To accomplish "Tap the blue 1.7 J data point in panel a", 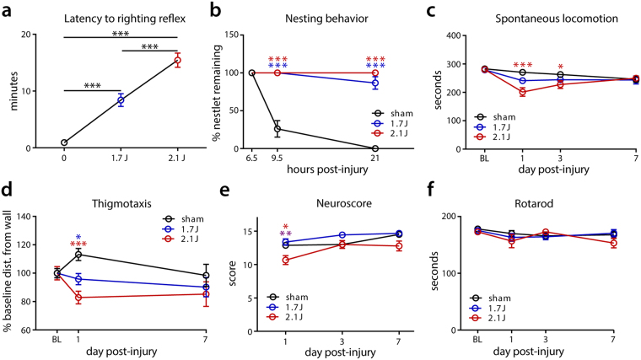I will click(x=121, y=100).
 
